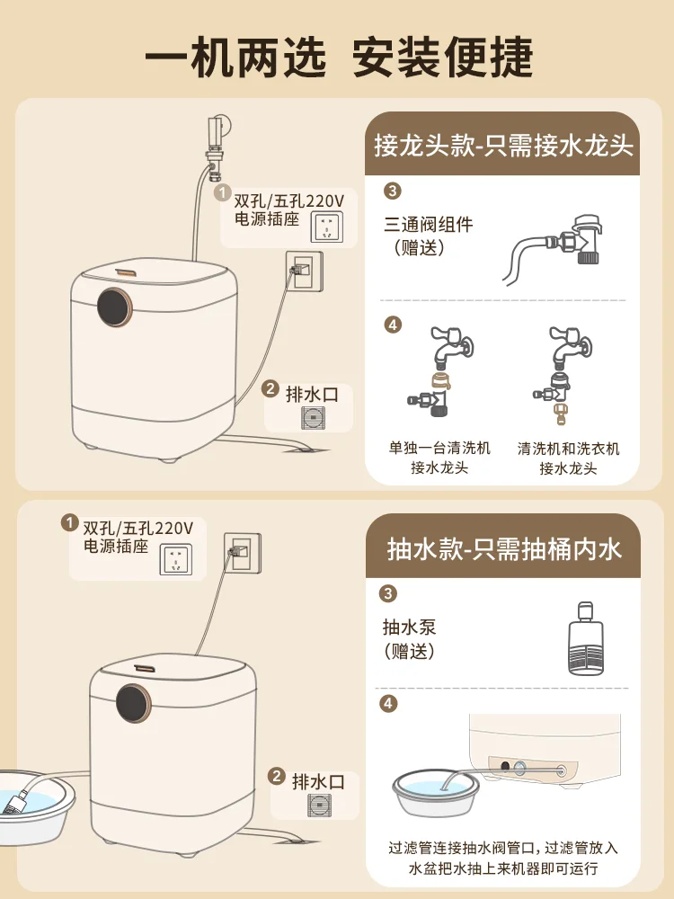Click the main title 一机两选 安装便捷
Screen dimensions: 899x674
click(x=338, y=57)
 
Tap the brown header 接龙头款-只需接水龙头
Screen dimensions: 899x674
click(x=503, y=146)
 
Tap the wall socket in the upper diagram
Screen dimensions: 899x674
click(x=303, y=270)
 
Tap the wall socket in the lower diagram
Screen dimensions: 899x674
click(x=242, y=551)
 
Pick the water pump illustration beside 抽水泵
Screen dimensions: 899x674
click(x=585, y=638)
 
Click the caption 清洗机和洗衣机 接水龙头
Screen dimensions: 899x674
click(x=568, y=458)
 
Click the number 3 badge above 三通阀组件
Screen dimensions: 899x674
click(x=391, y=191)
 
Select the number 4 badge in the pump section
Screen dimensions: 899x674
click(x=388, y=703)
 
